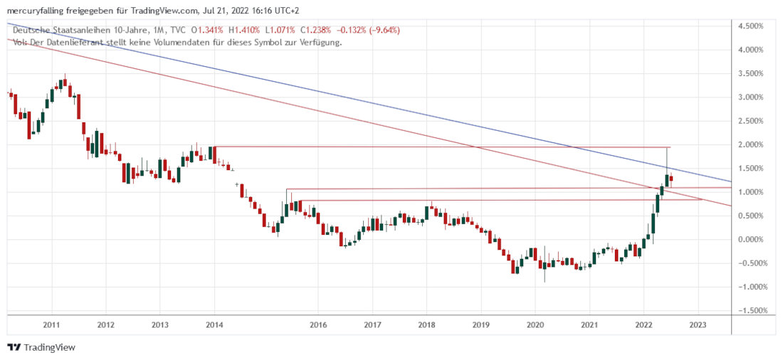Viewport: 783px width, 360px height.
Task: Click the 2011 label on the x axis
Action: point(51,324)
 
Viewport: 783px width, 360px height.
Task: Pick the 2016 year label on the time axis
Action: point(318,324)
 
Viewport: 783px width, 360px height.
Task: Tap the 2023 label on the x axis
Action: point(698,324)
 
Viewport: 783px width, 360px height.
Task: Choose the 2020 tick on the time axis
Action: point(535,324)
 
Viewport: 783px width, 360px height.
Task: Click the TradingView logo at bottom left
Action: point(42,347)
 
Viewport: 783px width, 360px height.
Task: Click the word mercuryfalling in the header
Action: point(33,9)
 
